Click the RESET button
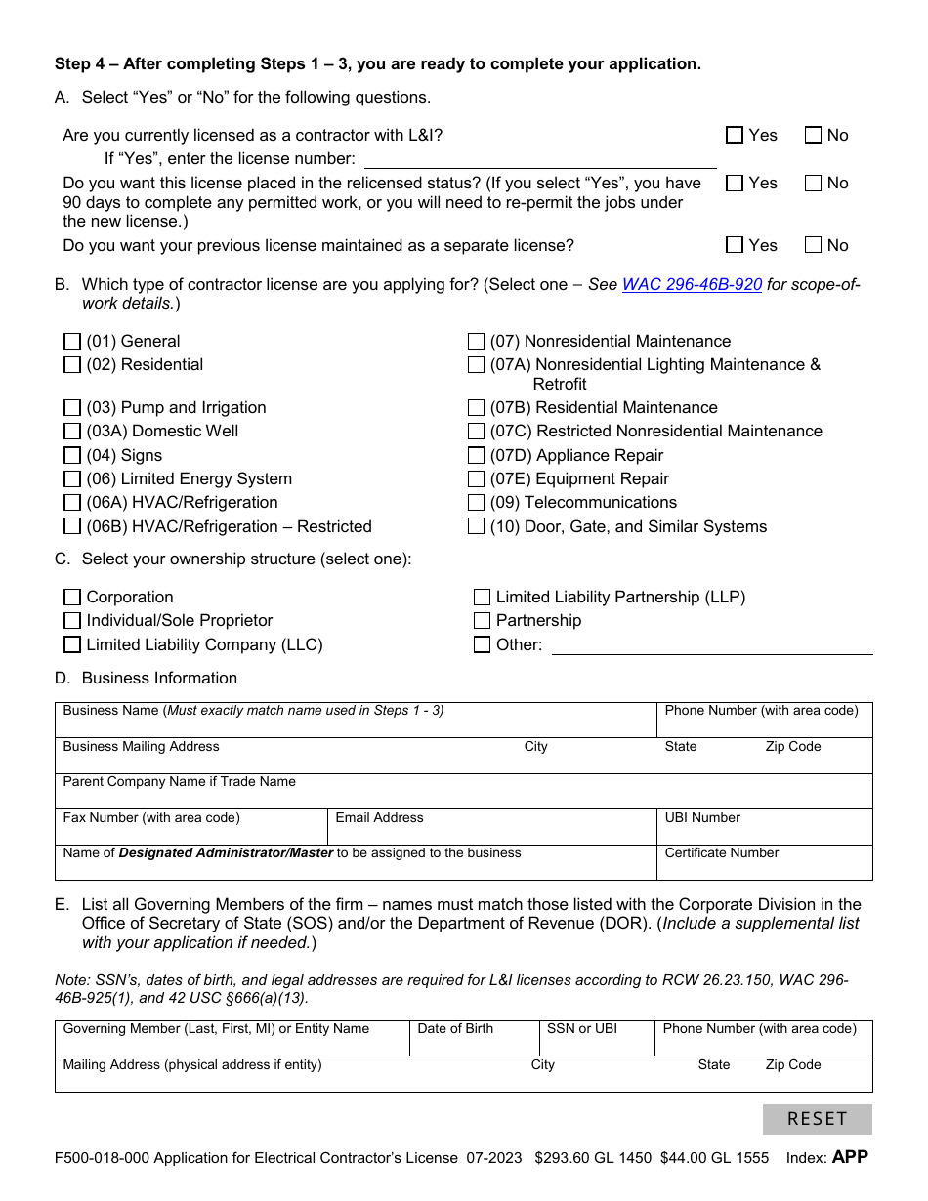pos(817,1119)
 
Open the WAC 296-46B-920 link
pos(692,285)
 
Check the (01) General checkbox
pos(72,341)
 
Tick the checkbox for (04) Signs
pos(72,455)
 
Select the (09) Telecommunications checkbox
pos(476,503)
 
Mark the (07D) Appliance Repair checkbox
pos(476,455)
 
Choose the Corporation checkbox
pos(72,597)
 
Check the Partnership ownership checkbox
pos(482,621)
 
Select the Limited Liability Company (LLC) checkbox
pos(72,644)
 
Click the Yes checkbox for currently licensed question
pos(735,136)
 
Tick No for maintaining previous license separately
pos(813,245)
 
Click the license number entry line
pos(539,158)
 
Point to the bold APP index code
pos(849,1157)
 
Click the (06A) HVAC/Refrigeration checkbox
pos(72,503)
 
